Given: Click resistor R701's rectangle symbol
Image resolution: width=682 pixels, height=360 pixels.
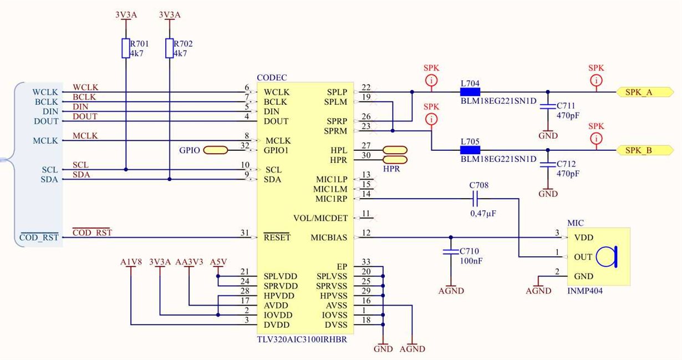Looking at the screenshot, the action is click(x=126, y=48).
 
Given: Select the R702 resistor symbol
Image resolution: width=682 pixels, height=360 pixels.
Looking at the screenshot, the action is click(x=170, y=48).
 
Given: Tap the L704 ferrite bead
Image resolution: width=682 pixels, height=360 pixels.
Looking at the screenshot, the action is click(x=470, y=92).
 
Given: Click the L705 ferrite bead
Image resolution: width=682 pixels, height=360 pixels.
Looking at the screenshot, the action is click(x=470, y=150).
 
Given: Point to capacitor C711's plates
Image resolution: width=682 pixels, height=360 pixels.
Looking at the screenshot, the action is click(x=548, y=107).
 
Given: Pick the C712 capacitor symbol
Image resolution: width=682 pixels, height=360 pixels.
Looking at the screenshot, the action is click(x=548, y=164).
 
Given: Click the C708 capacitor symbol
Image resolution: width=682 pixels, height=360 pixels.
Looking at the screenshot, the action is click(x=475, y=199).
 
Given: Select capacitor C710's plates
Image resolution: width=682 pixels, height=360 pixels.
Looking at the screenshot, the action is click(x=451, y=252).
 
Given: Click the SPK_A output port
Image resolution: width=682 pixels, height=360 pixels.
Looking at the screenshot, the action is click(x=645, y=92).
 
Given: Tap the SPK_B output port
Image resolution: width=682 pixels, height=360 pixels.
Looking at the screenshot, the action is click(x=645, y=150).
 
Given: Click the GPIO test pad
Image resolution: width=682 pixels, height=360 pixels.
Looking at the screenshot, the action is click(x=215, y=150).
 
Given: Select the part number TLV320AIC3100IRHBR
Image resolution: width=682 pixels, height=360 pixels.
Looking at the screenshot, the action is click(x=302, y=339).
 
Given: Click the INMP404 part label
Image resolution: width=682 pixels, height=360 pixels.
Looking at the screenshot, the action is click(x=585, y=291).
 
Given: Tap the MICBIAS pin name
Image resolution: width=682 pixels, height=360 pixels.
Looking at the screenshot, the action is click(x=329, y=237).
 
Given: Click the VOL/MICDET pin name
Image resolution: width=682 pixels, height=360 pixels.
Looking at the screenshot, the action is click(x=320, y=218).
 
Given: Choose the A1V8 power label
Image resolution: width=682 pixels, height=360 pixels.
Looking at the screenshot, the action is click(x=131, y=262).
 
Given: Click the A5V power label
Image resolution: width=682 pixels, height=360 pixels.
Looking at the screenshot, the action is click(x=218, y=262).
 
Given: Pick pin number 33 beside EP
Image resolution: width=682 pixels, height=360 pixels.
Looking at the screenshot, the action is click(x=366, y=262).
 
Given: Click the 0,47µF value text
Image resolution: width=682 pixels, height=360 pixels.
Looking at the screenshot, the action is click(x=483, y=214).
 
